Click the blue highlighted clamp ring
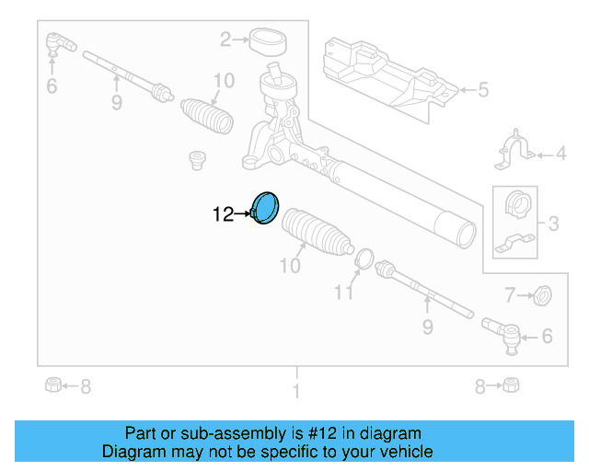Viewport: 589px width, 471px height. point(266,208)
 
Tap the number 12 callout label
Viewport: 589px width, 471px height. point(223,215)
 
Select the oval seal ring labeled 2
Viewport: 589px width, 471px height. point(268,40)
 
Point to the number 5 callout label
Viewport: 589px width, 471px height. point(483,90)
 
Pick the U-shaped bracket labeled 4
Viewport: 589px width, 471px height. point(516,152)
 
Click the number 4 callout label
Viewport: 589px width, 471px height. point(560,155)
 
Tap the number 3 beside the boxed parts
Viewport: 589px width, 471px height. point(553,223)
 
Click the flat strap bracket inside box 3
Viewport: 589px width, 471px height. point(514,244)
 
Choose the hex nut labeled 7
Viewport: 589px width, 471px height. point(543,295)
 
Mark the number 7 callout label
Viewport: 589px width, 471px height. point(510,295)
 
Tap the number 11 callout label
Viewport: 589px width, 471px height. point(342,293)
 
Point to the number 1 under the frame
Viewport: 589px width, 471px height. point(296,393)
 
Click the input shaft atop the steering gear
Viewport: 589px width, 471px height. point(274,71)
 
